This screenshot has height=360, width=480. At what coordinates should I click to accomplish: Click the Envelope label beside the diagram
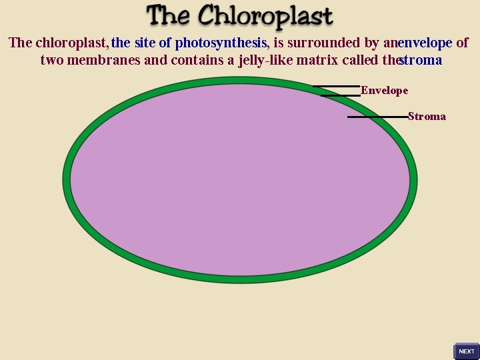[385, 91]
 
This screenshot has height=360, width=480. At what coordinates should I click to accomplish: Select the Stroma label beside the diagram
[427, 117]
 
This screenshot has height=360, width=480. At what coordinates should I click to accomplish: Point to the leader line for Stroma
[377, 117]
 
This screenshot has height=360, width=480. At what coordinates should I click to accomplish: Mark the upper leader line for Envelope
[336, 86]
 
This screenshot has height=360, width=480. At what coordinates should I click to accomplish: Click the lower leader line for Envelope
[340, 95]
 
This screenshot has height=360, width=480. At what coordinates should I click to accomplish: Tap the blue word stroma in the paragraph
[421, 61]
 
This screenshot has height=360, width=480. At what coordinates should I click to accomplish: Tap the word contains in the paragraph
[197, 61]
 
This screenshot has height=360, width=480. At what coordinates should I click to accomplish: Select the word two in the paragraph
[51, 61]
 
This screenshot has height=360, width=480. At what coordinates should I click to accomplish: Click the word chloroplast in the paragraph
[71, 43]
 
